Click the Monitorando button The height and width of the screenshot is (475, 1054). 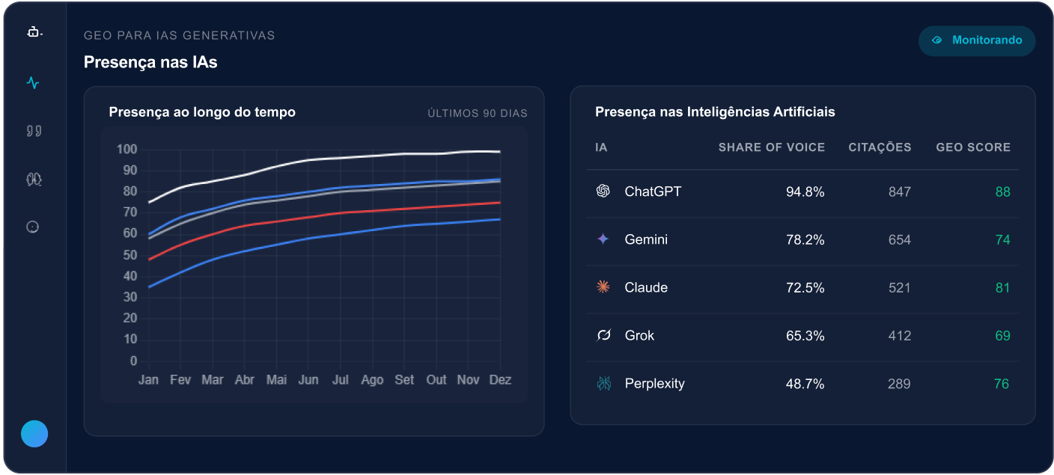click(977, 40)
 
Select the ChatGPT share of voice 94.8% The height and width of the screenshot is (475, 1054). click(805, 192)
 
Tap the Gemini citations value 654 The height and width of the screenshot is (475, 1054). click(900, 240)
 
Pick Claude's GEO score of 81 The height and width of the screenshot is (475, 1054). click(1002, 288)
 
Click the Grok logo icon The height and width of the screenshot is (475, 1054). click(603, 335)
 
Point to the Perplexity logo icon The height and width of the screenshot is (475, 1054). click(603, 383)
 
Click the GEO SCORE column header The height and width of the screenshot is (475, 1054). click(973, 147)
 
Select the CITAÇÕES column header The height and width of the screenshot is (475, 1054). click(880, 147)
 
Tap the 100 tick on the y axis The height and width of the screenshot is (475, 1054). click(127, 150)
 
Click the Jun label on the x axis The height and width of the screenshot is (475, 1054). click(308, 379)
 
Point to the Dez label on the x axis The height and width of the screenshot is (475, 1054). click(500, 379)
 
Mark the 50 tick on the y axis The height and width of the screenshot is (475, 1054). click(130, 255)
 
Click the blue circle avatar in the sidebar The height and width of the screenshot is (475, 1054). click(34, 434)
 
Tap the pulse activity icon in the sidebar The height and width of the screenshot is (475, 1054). click(33, 83)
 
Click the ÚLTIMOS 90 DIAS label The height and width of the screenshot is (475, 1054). click(478, 114)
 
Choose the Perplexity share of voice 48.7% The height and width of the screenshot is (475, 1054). click(805, 384)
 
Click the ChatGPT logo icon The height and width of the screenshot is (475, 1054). click(603, 191)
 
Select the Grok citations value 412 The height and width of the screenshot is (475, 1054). click(900, 336)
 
